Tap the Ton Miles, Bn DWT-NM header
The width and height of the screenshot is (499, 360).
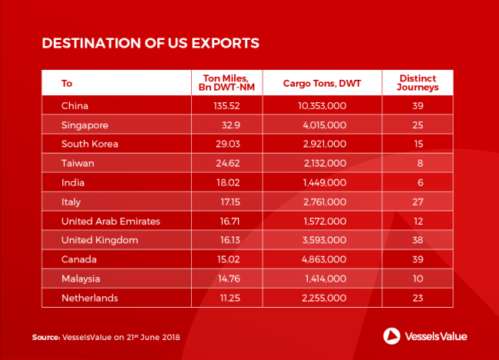click(x=226, y=83)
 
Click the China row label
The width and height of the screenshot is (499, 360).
click(x=74, y=104)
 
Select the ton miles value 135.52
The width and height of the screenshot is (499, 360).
click(x=226, y=104)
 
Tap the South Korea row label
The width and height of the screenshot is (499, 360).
click(x=90, y=143)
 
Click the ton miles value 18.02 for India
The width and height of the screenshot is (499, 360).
click(x=226, y=182)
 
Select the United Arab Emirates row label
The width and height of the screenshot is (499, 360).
click(x=111, y=220)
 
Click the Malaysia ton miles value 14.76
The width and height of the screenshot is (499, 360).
click(x=226, y=279)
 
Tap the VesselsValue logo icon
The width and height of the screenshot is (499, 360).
click(x=390, y=335)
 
